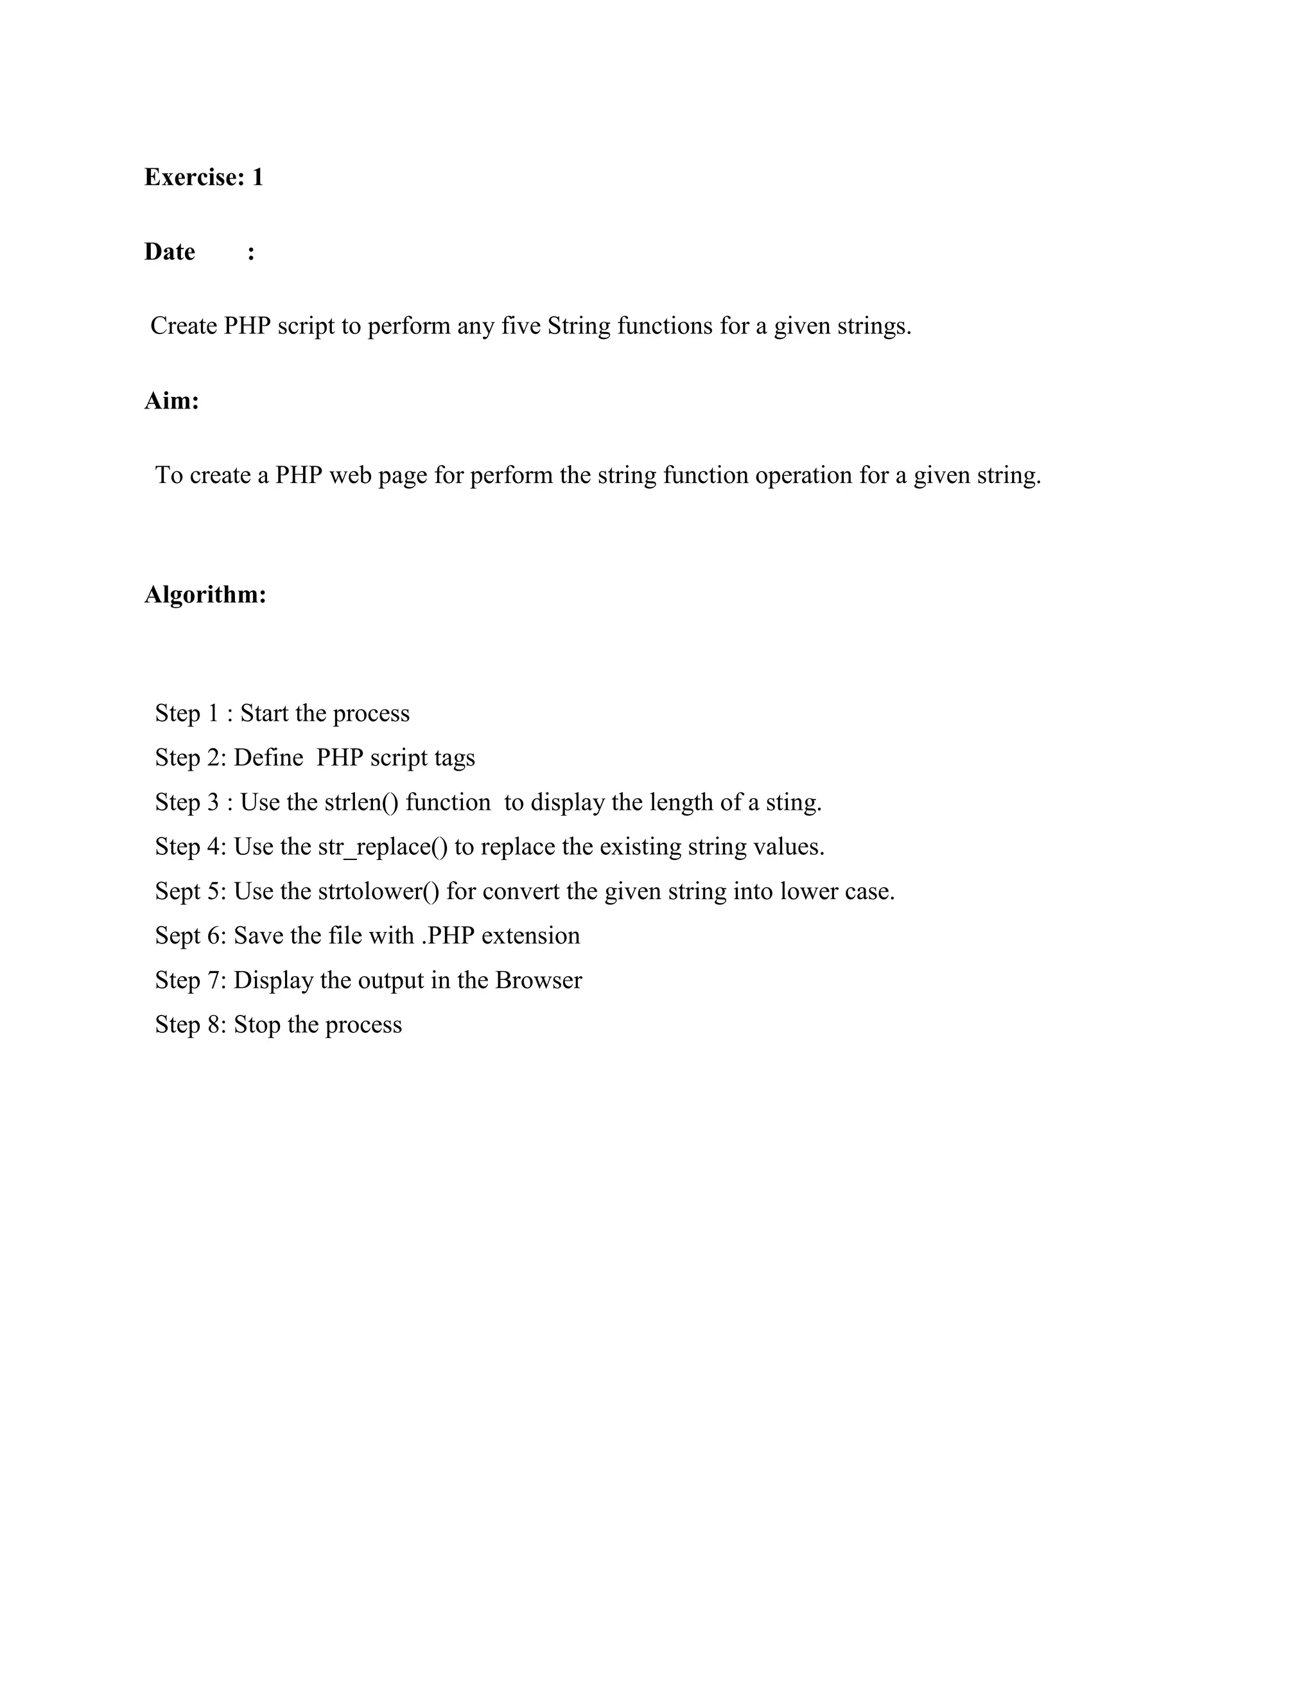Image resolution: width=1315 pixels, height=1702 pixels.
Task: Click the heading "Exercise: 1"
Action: (204, 178)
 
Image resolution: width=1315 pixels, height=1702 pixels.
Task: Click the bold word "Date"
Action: (169, 252)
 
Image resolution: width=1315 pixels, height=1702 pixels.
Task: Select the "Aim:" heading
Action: (171, 401)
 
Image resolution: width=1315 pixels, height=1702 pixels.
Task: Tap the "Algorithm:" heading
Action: (205, 595)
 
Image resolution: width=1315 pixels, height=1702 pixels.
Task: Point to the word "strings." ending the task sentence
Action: (874, 326)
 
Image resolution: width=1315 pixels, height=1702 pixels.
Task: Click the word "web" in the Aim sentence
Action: (351, 475)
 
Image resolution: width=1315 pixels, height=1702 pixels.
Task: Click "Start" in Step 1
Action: (263, 714)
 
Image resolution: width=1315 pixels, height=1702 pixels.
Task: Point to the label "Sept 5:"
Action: (190, 891)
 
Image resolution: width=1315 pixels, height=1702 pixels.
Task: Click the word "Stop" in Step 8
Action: (257, 1025)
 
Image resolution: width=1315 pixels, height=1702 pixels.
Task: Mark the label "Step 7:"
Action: (190, 980)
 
